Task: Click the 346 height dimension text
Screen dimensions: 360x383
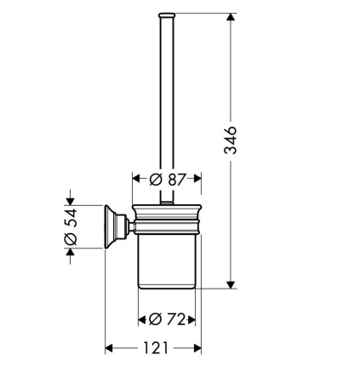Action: (x=230, y=140)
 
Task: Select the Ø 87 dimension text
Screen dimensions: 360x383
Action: (x=168, y=179)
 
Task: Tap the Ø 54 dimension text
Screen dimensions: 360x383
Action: (x=71, y=226)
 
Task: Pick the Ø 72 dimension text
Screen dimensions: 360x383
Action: (x=167, y=319)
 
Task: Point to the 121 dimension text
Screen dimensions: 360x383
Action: (x=156, y=348)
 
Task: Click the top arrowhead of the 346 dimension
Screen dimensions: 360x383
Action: (x=231, y=17)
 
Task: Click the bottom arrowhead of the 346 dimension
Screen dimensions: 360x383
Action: (x=231, y=285)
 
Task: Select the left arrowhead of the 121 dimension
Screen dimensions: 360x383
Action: (x=109, y=348)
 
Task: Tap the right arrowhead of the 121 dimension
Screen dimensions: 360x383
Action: (x=197, y=348)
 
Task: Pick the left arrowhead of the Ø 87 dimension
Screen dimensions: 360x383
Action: (x=137, y=179)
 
